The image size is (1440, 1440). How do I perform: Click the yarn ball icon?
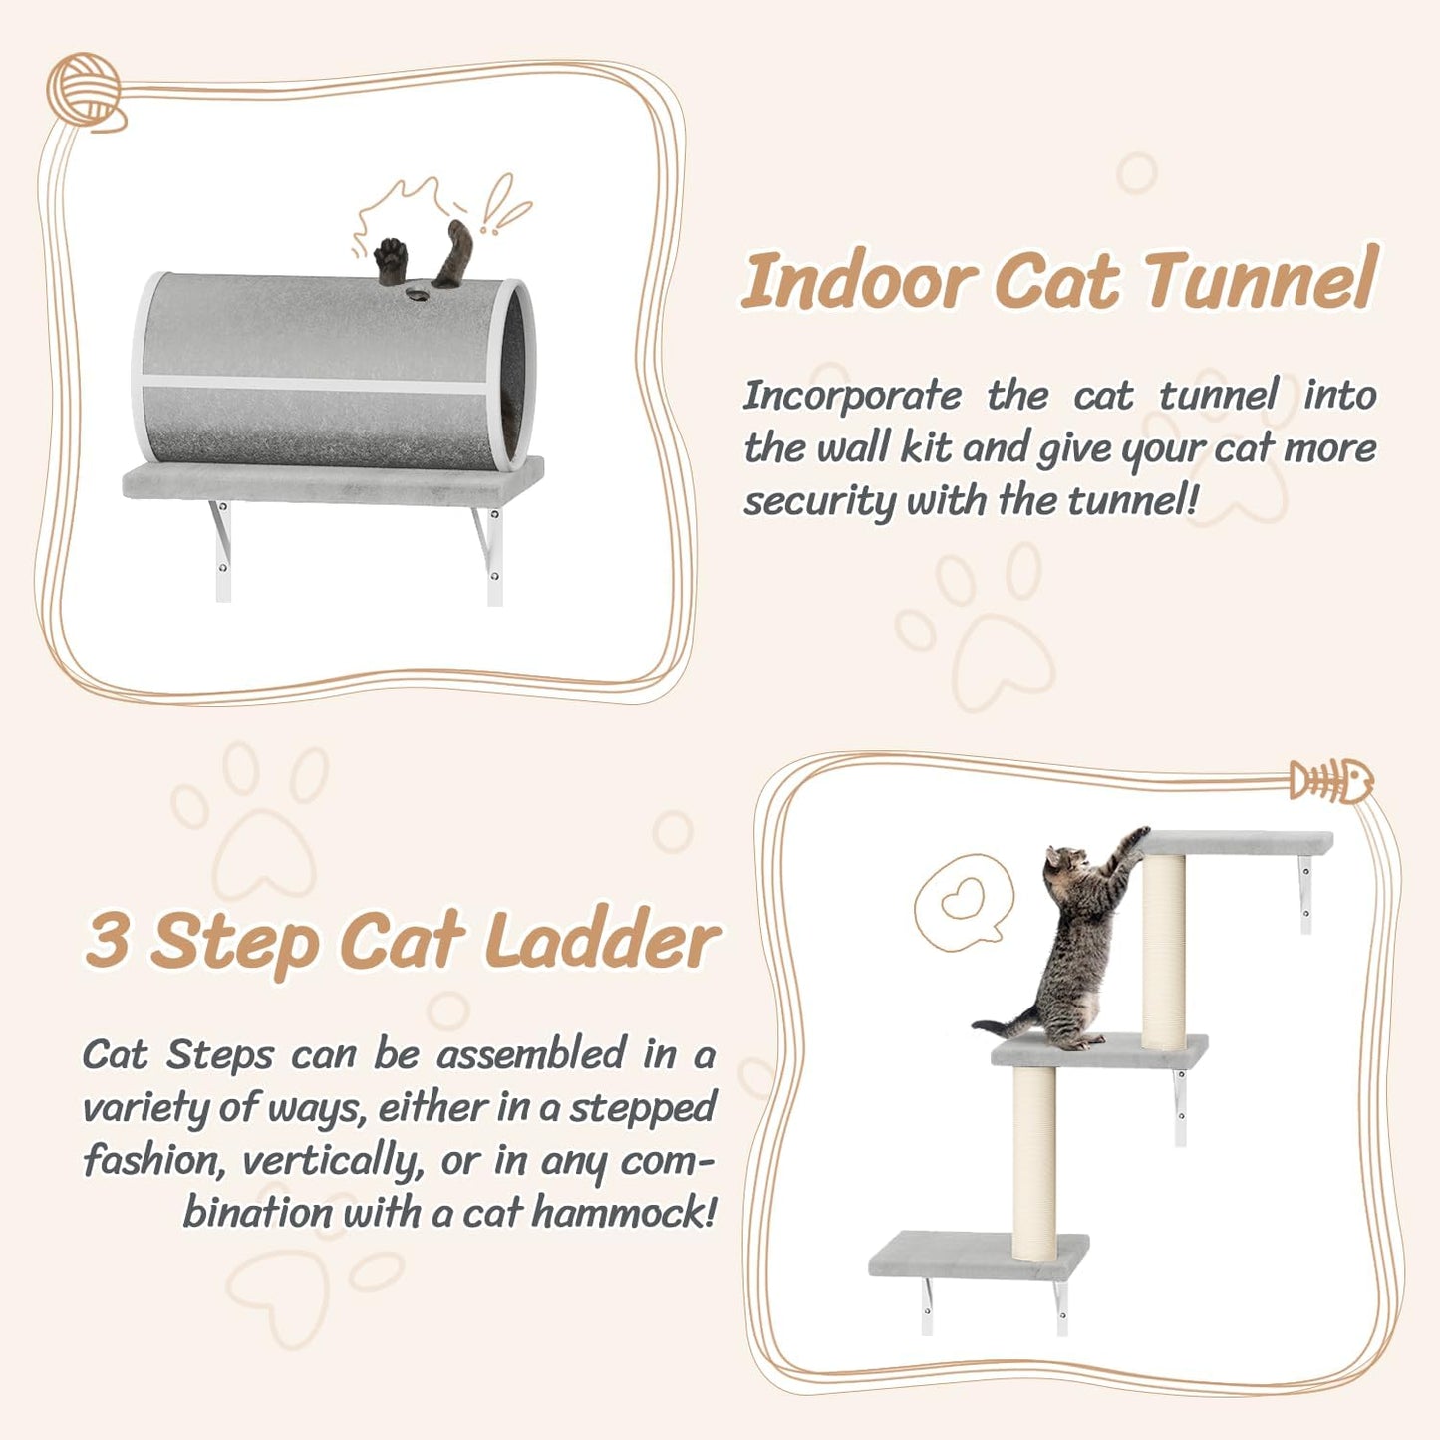pyautogui.click(x=84, y=89)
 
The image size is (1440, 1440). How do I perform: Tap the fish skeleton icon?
pyautogui.click(x=1331, y=781)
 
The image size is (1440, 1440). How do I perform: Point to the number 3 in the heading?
pyautogui.click(x=108, y=939)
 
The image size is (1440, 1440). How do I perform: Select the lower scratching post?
pyautogui.click(x=1034, y=1161)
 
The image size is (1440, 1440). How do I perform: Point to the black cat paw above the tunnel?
pyautogui.click(x=391, y=258)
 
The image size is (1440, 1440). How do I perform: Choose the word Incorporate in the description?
pyautogui.click(x=852, y=396)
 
